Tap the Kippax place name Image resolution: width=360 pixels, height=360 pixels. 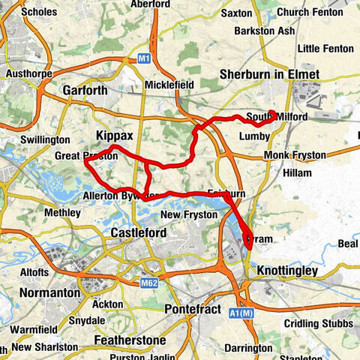click(114, 136)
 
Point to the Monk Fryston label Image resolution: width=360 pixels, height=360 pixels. click(295, 155)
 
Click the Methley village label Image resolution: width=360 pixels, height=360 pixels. click(63, 213)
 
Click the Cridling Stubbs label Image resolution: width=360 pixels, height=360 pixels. click(318, 323)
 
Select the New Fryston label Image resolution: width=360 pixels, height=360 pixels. click(188, 214)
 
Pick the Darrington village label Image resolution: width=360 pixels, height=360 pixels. click(249, 348)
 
